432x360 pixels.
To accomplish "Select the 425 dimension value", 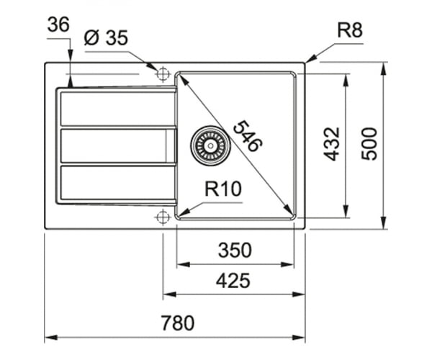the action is coord(233,281).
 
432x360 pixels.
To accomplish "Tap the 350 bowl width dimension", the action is coord(235,250).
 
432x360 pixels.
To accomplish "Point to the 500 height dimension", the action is coord(369,143).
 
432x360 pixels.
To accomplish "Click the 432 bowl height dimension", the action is coord(331,143).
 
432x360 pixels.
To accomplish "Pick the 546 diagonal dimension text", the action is coord(248,136).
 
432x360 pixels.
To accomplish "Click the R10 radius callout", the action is coord(223,189).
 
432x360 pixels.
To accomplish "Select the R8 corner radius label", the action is coord(350,30).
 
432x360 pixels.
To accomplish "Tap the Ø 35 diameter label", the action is coord(106,37).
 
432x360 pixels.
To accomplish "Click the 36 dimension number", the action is coord(58,24).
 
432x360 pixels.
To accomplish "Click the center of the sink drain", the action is coord(210,145).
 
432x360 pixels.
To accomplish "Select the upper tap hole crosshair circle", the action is coord(163,74).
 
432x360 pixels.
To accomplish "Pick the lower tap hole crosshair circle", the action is coord(163,217).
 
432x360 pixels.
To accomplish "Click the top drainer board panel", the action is coord(118,109).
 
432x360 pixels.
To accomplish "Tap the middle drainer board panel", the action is coord(118,145).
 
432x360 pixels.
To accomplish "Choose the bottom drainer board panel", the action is coord(118,183).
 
